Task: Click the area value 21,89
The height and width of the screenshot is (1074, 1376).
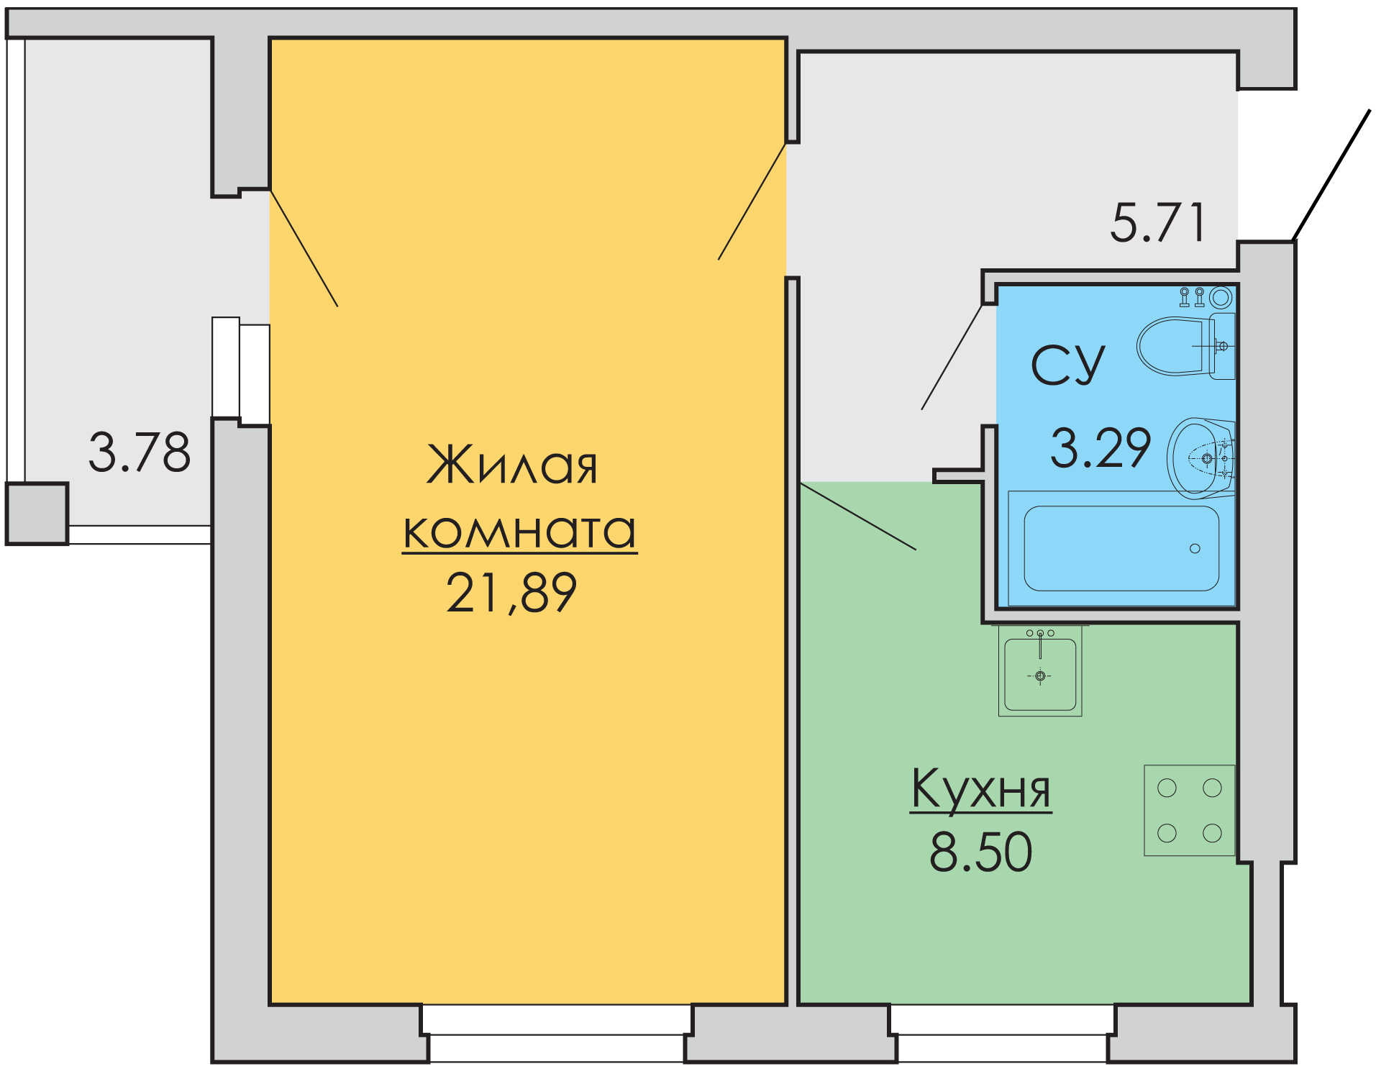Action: [511, 593]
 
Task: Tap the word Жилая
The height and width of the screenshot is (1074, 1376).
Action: [512, 464]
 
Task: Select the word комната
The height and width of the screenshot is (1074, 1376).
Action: [519, 531]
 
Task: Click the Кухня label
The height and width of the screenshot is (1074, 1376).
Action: [981, 790]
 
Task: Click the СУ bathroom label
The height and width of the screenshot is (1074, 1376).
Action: [1068, 365]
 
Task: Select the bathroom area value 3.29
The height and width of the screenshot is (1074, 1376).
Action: [1101, 447]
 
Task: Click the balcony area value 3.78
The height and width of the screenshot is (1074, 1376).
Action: [140, 452]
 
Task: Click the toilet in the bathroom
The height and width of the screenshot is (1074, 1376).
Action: [1185, 346]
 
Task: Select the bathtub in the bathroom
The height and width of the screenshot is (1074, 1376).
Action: [1121, 548]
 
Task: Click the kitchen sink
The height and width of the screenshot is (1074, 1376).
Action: [1040, 671]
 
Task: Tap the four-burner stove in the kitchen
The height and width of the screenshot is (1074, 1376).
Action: [1190, 810]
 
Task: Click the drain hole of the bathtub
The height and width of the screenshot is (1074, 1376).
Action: [1195, 549]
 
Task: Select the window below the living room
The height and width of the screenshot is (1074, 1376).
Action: [556, 1033]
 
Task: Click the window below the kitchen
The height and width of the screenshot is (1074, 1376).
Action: [1003, 1033]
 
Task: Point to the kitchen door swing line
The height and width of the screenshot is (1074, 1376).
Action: [858, 516]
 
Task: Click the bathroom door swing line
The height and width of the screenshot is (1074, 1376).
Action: [952, 358]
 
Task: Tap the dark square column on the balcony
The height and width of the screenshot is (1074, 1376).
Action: [37, 514]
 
